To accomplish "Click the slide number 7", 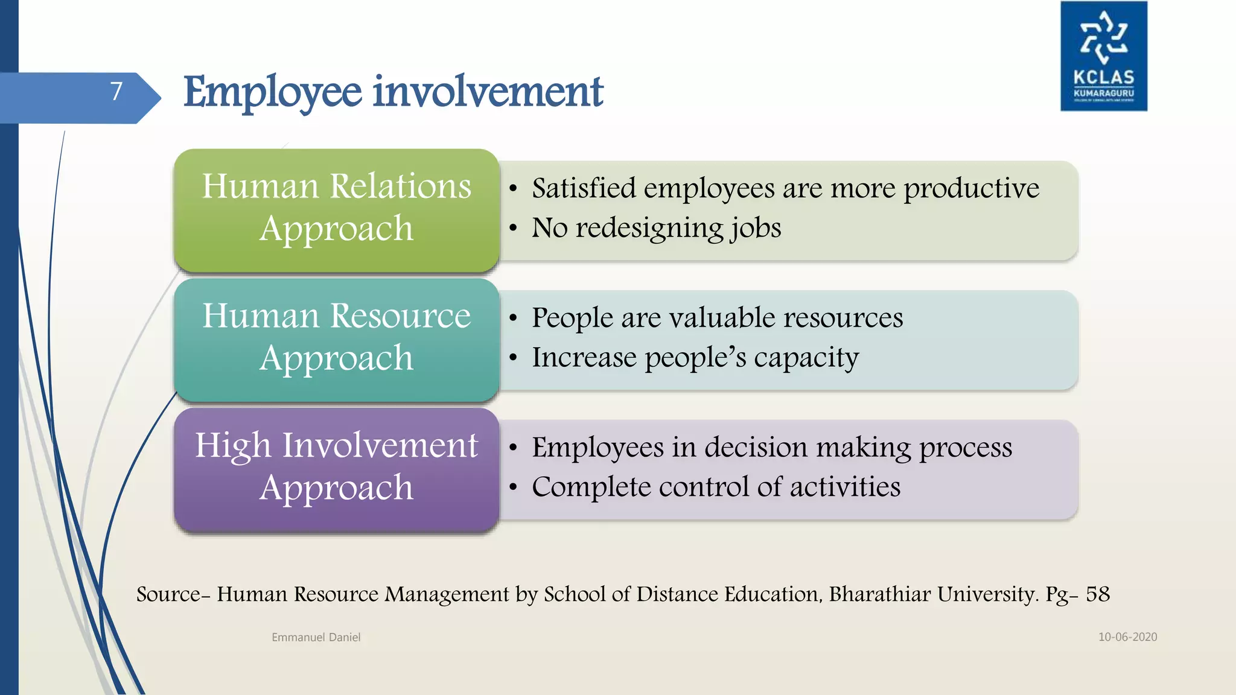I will tap(116, 92).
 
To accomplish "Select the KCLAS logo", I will tap(1103, 56).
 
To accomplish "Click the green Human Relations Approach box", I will tap(336, 208).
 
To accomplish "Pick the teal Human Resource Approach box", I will tap(336, 338).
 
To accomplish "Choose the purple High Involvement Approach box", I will tap(336, 468).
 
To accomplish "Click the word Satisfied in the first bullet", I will tap(584, 188).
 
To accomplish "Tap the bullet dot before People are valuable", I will tap(513, 318).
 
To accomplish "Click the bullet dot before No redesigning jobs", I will tap(513, 229).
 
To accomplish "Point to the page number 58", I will tap(1097, 594).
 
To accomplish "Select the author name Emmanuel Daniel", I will tap(316, 637).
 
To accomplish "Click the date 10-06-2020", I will tap(1127, 637).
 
